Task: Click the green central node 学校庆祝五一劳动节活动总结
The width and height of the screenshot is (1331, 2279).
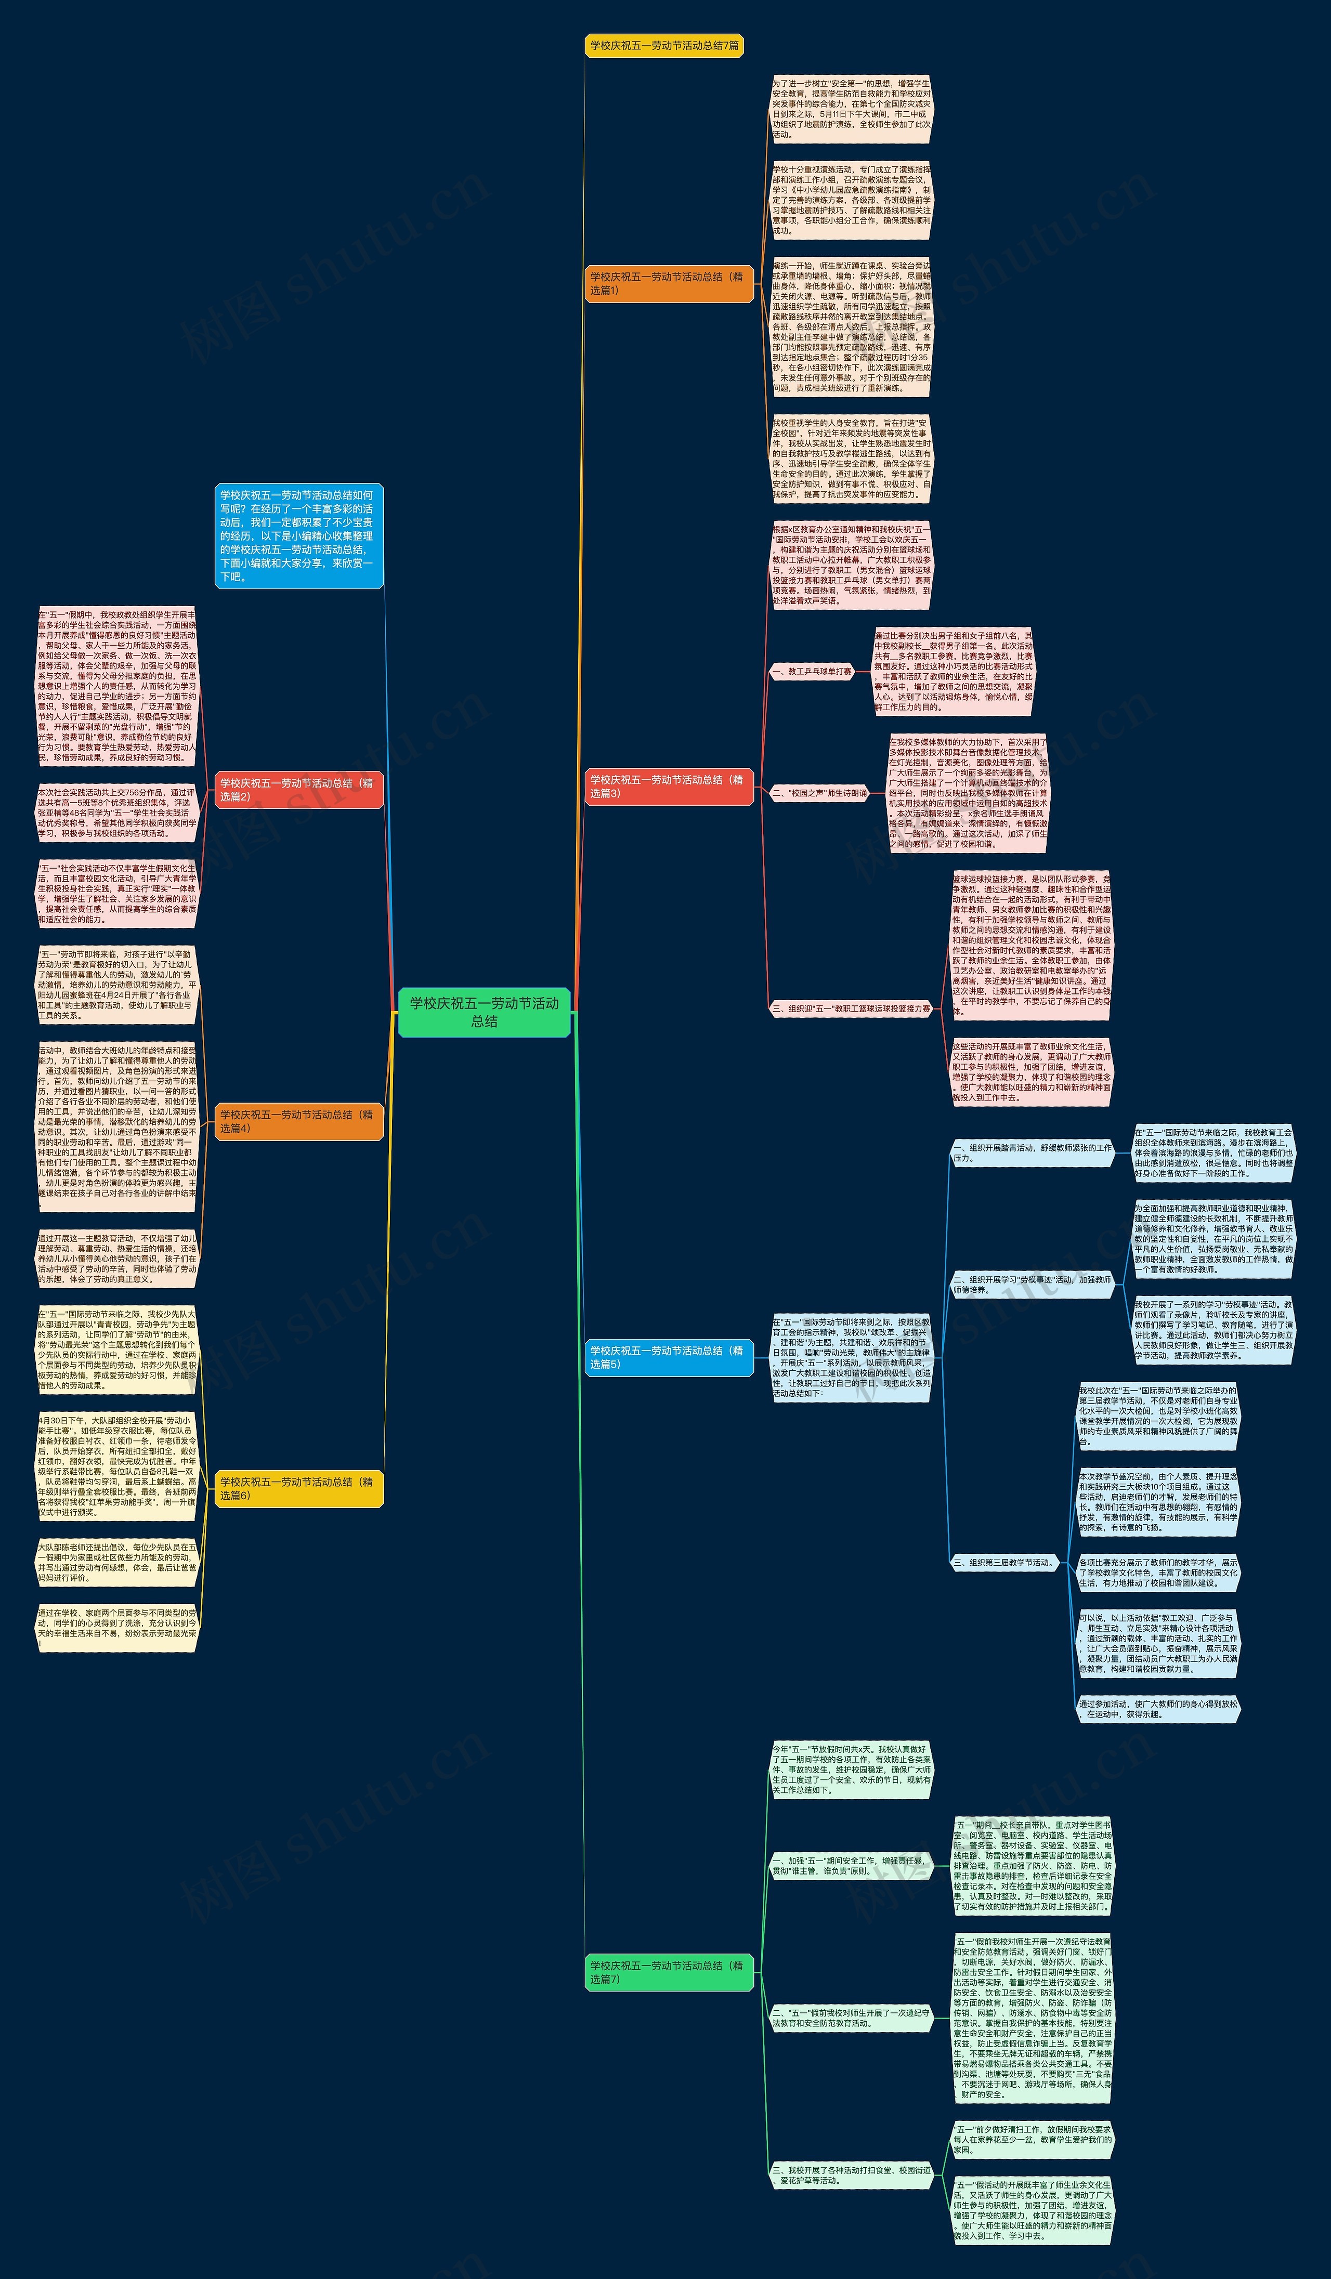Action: pos(484,1012)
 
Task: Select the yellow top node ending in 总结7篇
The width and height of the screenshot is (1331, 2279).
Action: pos(664,45)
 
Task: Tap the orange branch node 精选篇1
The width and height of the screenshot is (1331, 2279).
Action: pos(668,284)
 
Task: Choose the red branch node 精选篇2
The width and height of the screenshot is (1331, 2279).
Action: pos(298,790)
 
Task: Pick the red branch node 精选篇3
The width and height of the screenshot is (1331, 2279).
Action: pos(668,786)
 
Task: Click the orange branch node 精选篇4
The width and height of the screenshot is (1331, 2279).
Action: pos(298,1121)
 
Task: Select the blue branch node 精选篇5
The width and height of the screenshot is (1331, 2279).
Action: pos(668,1357)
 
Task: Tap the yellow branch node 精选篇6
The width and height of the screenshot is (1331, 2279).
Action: pos(298,1489)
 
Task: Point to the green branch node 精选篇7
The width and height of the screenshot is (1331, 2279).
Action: pos(668,1972)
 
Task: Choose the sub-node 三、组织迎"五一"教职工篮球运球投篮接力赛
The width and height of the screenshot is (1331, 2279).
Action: pos(850,1008)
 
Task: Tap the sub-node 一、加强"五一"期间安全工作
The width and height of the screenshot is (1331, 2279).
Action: pos(850,1867)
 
